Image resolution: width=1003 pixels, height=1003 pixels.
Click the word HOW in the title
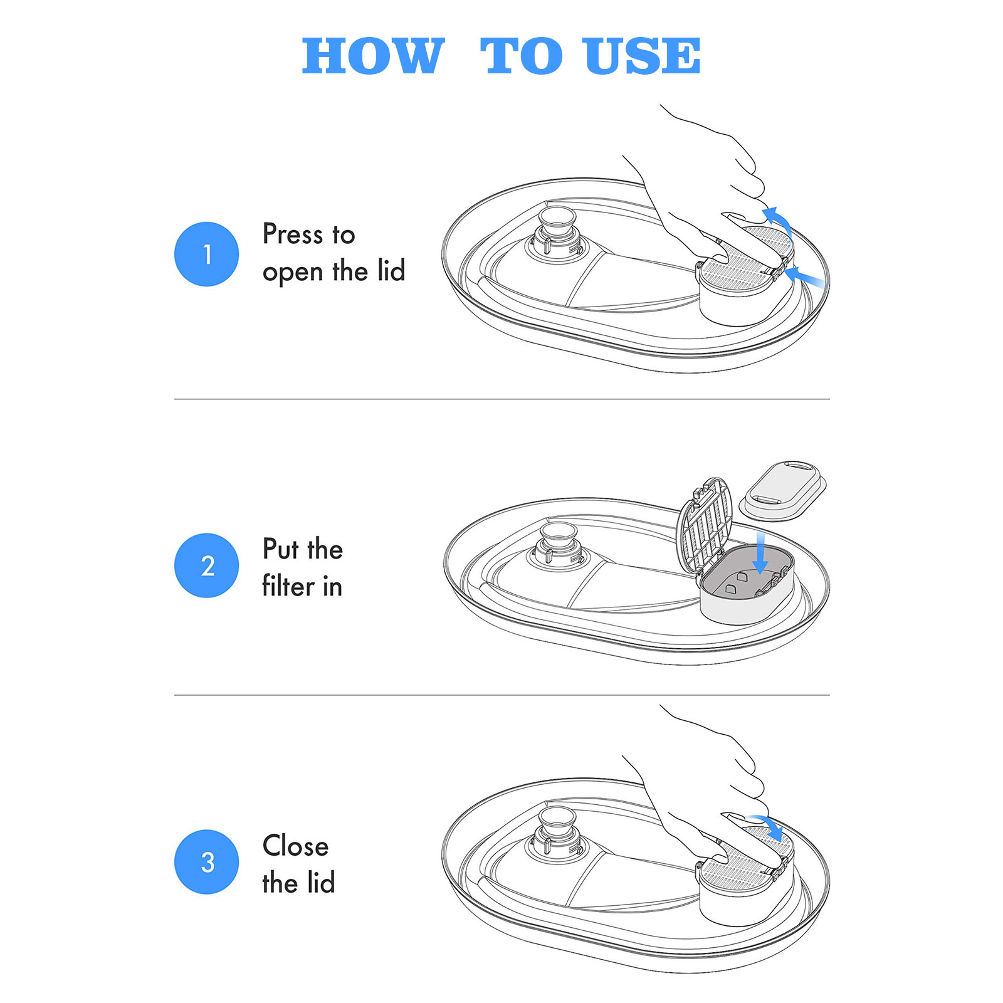(x=374, y=56)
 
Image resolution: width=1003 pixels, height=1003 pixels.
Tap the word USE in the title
(x=641, y=56)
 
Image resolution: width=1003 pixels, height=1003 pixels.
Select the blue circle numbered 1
(x=206, y=254)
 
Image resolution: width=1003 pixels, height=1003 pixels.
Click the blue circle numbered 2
(x=206, y=565)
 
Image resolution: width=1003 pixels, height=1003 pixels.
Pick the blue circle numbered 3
(x=206, y=862)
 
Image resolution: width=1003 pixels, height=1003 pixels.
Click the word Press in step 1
(x=292, y=234)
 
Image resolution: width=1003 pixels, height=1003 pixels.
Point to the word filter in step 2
(x=288, y=586)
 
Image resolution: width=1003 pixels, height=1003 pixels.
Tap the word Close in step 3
(x=295, y=846)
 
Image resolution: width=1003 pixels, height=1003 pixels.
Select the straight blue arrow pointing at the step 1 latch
(x=805, y=276)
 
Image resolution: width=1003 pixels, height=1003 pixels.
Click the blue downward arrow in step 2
(x=760, y=552)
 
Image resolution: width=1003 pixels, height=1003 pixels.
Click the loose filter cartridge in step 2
(x=783, y=491)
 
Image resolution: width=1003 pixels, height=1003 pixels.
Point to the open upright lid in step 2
(x=705, y=527)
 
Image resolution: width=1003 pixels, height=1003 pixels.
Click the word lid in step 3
(x=321, y=883)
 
